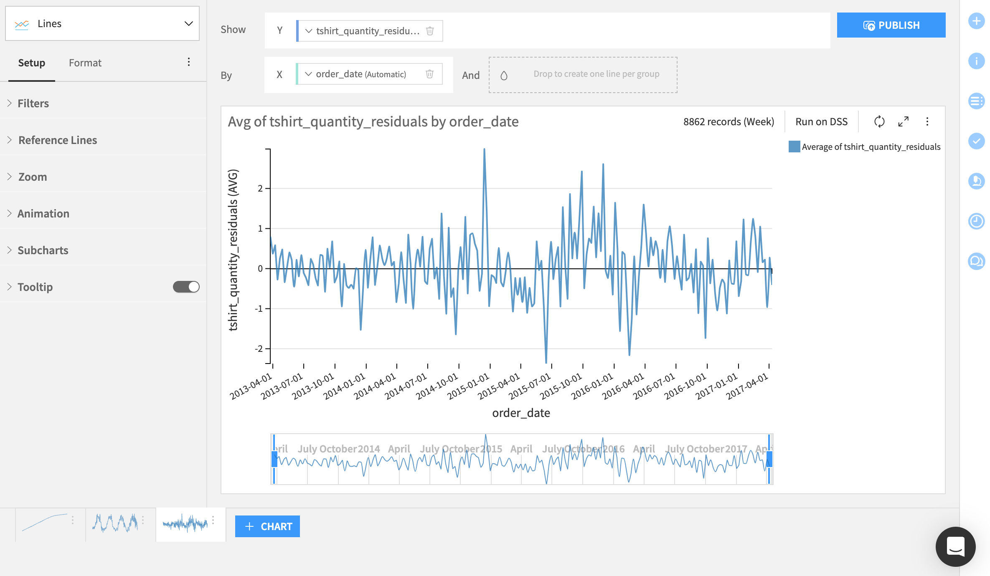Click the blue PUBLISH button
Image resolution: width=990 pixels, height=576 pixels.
[891, 25]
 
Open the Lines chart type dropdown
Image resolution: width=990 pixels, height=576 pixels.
[102, 24]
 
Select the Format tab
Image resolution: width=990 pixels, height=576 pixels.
[85, 63]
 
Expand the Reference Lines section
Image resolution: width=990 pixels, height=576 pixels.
[58, 140]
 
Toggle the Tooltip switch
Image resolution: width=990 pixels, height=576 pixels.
[186, 287]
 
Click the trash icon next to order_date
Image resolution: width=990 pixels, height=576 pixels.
[429, 74]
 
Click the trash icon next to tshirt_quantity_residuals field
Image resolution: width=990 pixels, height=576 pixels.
[430, 31]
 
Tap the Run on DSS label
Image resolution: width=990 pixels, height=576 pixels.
[821, 122]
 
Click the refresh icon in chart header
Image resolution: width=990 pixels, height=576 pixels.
[879, 121]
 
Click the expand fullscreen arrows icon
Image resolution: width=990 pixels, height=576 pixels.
[903, 121]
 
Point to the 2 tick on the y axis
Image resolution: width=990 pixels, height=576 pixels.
[260, 189]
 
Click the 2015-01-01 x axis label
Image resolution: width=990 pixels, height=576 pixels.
[468, 386]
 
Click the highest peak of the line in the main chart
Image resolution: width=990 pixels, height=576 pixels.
[484, 149]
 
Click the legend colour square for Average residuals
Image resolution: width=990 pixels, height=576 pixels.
[794, 147]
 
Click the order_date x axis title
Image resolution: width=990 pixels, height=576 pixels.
[521, 413]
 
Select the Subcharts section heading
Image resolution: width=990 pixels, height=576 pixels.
[43, 250]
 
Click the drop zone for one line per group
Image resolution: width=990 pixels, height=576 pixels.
[583, 75]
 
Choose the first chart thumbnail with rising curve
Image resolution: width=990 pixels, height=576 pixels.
[44, 523]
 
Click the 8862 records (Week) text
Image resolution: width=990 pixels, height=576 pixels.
[729, 122]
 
